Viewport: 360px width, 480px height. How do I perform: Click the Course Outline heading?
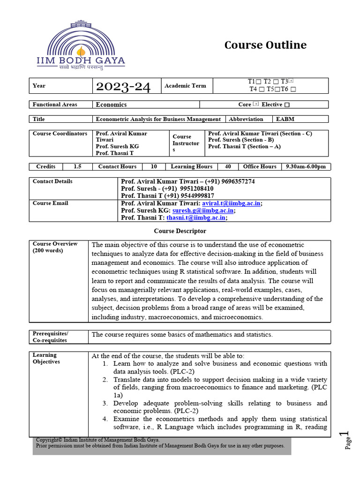[265, 45]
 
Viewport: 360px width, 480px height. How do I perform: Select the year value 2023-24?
[123, 86]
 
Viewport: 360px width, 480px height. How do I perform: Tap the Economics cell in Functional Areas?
[112, 105]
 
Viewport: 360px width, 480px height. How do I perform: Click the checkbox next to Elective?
[287, 105]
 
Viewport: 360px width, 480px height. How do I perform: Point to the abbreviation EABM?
[285, 119]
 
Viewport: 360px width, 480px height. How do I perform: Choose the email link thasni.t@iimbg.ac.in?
[196, 217]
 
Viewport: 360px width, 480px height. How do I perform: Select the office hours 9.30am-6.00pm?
[305, 166]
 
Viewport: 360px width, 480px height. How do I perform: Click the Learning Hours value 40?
[228, 166]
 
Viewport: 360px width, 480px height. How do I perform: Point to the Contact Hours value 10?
[154, 166]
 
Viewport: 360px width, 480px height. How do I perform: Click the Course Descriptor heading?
[180, 231]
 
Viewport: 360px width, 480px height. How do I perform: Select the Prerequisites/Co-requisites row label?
[51, 337]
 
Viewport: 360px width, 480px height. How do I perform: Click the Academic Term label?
[185, 86]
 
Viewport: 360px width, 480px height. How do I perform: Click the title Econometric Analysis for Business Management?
[158, 119]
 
